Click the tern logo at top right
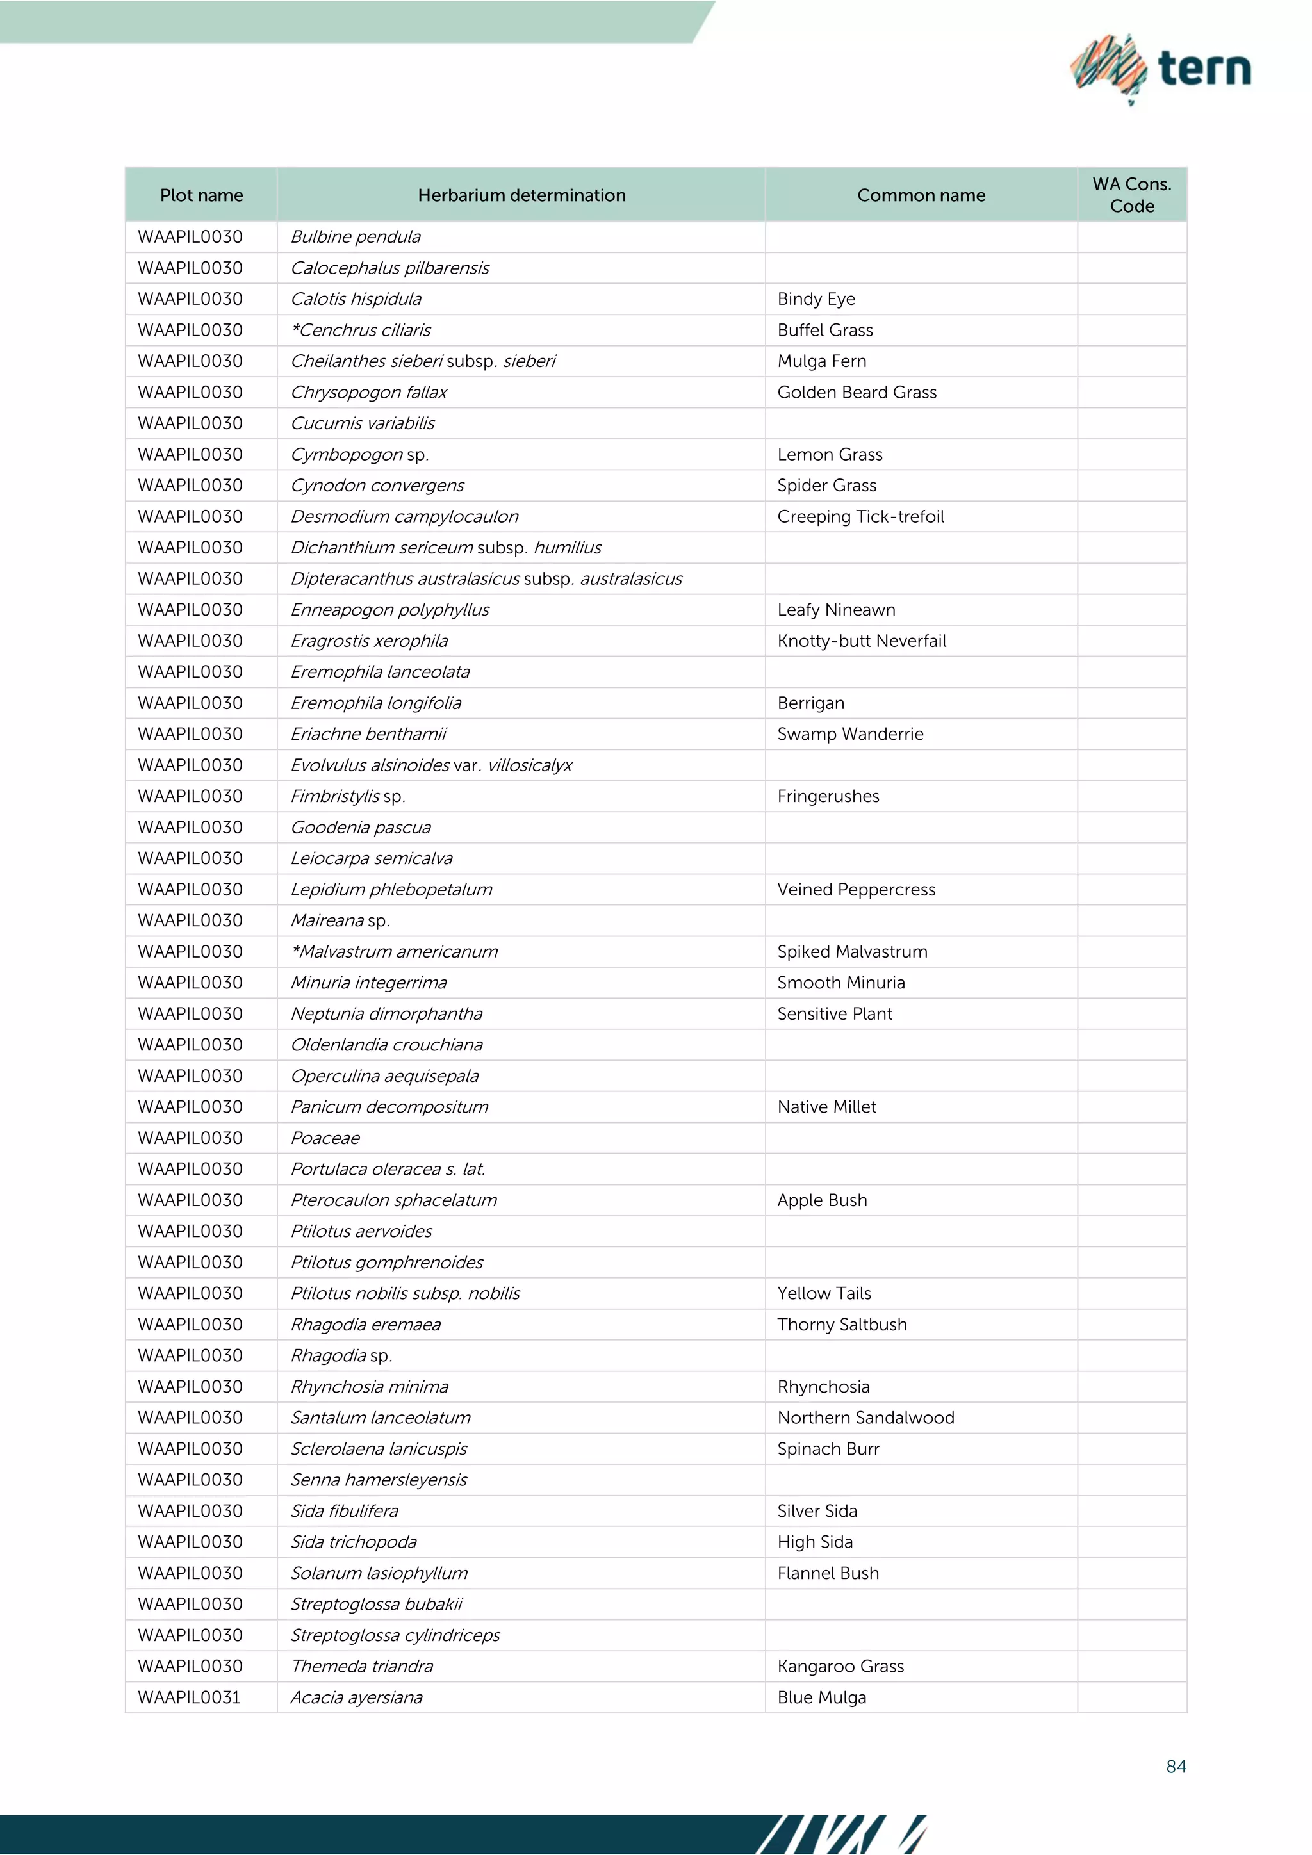pos(1161,69)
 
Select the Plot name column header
pos(201,195)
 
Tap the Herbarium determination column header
pos(521,195)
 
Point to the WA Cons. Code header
pos(1131,195)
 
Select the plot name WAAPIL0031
pos(189,1697)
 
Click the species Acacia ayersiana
pos(356,1697)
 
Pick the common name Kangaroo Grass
pos(840,1666)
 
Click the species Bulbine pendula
pos(356,237)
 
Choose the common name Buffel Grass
pos(825,330)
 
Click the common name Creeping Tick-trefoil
pos(860,516)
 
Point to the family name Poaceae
pos(325,1138)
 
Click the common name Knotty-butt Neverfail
pos(861,641)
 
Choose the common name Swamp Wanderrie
pos(850,733)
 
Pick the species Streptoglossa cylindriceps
pos(395,1635)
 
